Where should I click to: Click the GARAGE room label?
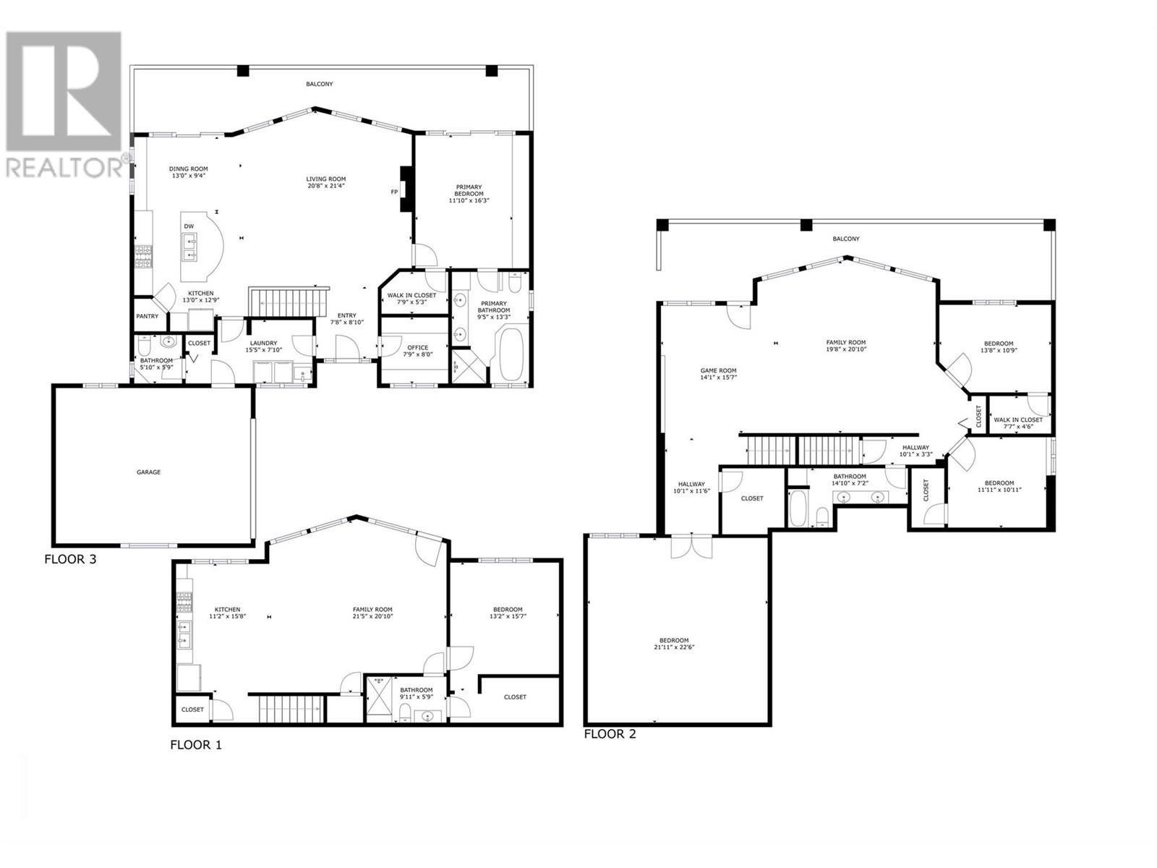(148, 472)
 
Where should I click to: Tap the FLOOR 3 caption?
(70, 559)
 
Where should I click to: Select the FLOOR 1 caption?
(195, 745)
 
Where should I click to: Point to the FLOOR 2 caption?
(610, 733)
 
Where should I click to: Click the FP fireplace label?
(394, 192)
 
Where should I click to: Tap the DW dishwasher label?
(189, 226)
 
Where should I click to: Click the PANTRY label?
(147, 316)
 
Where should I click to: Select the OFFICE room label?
(417, 347)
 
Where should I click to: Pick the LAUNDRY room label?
(263, 343)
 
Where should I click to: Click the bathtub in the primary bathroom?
(511, 354)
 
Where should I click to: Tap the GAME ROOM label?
(718, 370)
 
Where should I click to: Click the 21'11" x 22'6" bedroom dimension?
(674, 647)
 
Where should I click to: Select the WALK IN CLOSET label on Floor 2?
(1018, 420)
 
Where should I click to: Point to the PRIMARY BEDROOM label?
(469, 190)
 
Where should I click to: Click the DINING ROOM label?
(188, 169)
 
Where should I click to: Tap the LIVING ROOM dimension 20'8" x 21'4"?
(325, 185)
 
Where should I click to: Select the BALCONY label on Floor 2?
(845, 239)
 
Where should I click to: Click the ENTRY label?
(347, 315)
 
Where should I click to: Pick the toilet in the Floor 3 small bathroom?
(145, 346)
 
